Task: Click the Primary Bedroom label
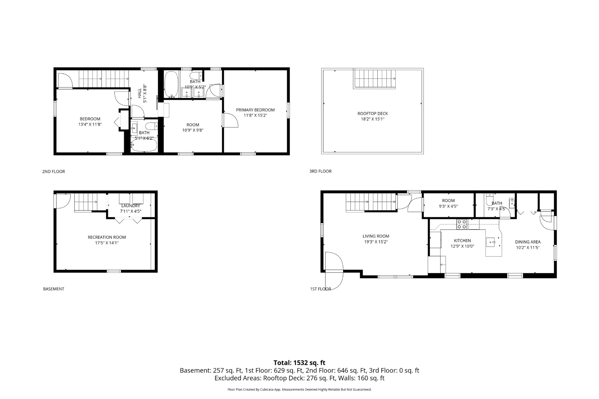click(255, 110)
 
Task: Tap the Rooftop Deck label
click(373, 114)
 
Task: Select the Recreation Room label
click(107, 237)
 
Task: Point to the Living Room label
click(376, 236)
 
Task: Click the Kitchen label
click(463, 241)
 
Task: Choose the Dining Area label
click(528, 242)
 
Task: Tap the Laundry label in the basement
click(131, 206)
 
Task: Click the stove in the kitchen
click(462, 224)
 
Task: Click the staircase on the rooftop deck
click(374, 78)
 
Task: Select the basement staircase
click(86, 202)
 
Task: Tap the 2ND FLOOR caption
click(54, 172)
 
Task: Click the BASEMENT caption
click(54, 289)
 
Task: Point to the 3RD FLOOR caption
click(320, 171)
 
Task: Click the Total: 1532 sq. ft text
click(299, 363)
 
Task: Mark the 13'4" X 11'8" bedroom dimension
click(90, 125)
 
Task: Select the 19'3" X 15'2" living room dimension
click(376, 242)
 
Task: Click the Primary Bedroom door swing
click(230, 120)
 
